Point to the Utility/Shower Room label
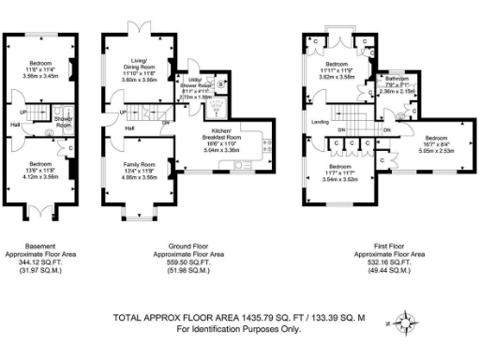point(198,83)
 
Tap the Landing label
point(319,120)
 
